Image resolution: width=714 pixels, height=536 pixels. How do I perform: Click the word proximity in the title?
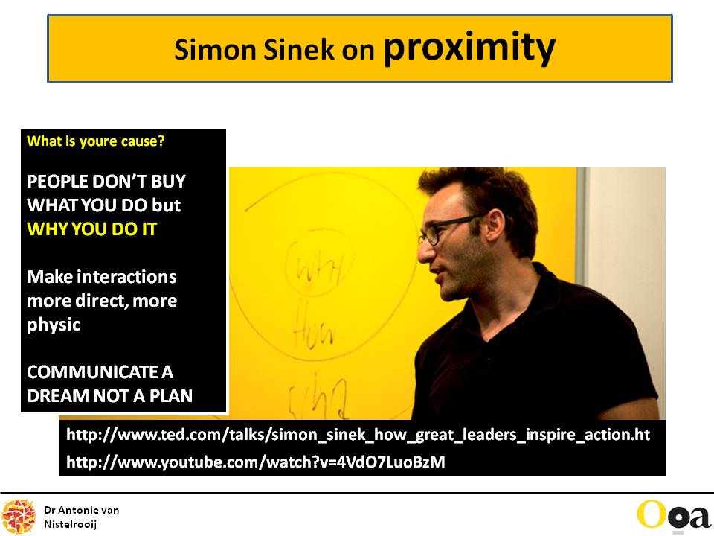tap(469, 48)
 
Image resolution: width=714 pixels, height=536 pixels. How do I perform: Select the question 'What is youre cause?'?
tap(96, 141)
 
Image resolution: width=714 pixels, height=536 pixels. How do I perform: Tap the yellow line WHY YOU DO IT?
tap(92, 229)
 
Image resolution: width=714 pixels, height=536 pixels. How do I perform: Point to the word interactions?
tap(126, 277)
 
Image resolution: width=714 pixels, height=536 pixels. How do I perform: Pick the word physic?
tap(54, 325)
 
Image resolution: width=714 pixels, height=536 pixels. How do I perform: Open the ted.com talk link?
tap(358, 434)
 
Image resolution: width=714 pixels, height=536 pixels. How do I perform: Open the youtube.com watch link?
tap(255, 462)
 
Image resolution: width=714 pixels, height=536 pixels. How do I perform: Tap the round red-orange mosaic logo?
tap(18, 517)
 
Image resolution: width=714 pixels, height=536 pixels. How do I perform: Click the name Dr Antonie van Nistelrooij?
tap(82, 517)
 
